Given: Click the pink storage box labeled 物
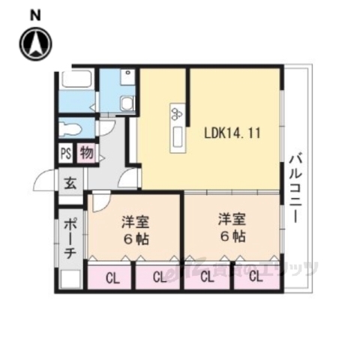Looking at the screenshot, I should point(85,154).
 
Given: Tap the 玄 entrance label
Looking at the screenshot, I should point(69,182).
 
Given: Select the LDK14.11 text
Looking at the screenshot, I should point(232,133).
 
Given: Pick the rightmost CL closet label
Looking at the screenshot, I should point(255,277).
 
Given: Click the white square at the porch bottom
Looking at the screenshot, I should point(70,280).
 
